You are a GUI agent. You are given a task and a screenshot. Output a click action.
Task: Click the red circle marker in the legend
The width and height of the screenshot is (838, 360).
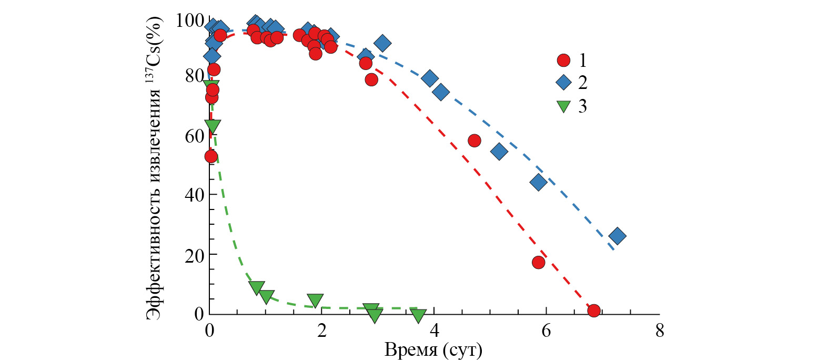pos(563,60)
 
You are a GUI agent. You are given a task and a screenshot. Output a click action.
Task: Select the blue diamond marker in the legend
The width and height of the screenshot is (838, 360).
pos(563,83)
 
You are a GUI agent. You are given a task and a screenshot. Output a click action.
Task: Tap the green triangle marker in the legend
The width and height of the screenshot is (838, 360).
pos(563,106)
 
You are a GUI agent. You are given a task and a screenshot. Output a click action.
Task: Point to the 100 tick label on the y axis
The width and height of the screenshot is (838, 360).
pos(190,21)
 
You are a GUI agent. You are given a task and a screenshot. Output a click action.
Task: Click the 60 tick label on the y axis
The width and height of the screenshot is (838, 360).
pos(194,136)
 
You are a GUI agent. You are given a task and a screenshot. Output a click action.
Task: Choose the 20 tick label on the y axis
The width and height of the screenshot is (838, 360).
pos(194,255)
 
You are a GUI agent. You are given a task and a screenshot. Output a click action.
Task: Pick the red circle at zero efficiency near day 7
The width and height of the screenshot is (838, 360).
pos(594,311)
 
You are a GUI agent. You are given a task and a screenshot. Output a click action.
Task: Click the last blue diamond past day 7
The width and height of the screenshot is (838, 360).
pos(618,236)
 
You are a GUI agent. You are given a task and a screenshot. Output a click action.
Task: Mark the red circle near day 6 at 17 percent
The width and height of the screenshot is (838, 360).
pos(538,262)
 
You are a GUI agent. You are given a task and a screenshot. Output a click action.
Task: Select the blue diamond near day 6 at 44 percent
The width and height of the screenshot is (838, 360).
pos(539,183)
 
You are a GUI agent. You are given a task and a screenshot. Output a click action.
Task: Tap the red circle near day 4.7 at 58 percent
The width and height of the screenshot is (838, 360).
pos(474,141)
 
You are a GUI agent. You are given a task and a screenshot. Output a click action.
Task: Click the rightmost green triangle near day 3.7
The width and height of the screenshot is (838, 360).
pos(418,315)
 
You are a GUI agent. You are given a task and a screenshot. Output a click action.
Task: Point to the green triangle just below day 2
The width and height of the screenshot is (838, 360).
pos(315,300)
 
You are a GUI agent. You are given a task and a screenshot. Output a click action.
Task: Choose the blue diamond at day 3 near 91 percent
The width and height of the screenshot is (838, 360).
pos(382,43)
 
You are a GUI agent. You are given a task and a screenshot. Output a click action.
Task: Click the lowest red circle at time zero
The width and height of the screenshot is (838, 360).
pos(211,156)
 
